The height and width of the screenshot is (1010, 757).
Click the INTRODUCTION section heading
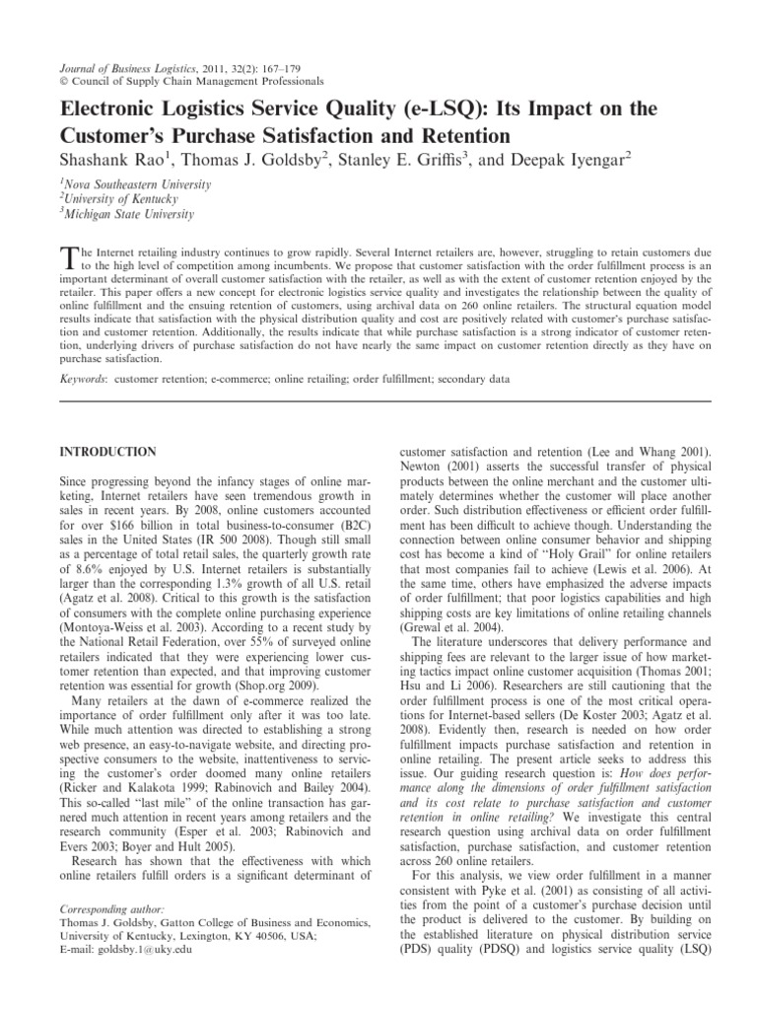click(108, 452)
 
